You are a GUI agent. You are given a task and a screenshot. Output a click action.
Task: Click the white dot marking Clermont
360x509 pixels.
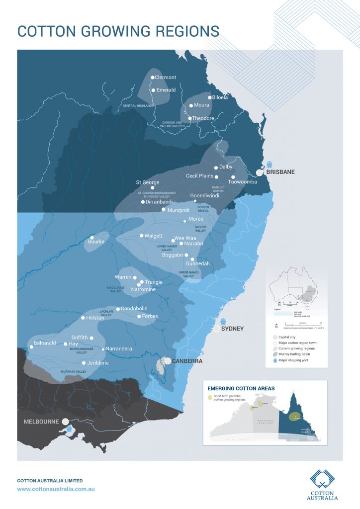[153, 78]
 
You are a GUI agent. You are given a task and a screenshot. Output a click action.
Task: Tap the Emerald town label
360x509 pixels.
[166, 90]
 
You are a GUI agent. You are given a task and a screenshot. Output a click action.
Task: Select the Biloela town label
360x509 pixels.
[220, 97]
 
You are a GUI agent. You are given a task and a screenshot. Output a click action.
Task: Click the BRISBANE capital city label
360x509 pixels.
[280, 172]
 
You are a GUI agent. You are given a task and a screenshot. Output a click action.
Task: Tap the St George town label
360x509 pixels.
[148, 182]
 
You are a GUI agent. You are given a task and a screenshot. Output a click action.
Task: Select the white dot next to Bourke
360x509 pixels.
[91, 237]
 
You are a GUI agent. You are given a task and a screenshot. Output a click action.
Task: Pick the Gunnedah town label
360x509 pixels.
[197, 263]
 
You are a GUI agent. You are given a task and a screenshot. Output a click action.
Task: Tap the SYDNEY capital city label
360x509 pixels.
[233, 329]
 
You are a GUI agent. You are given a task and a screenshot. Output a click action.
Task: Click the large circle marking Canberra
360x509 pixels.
[168, 361]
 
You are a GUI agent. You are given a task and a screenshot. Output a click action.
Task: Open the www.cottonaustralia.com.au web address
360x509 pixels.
[56, 489]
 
